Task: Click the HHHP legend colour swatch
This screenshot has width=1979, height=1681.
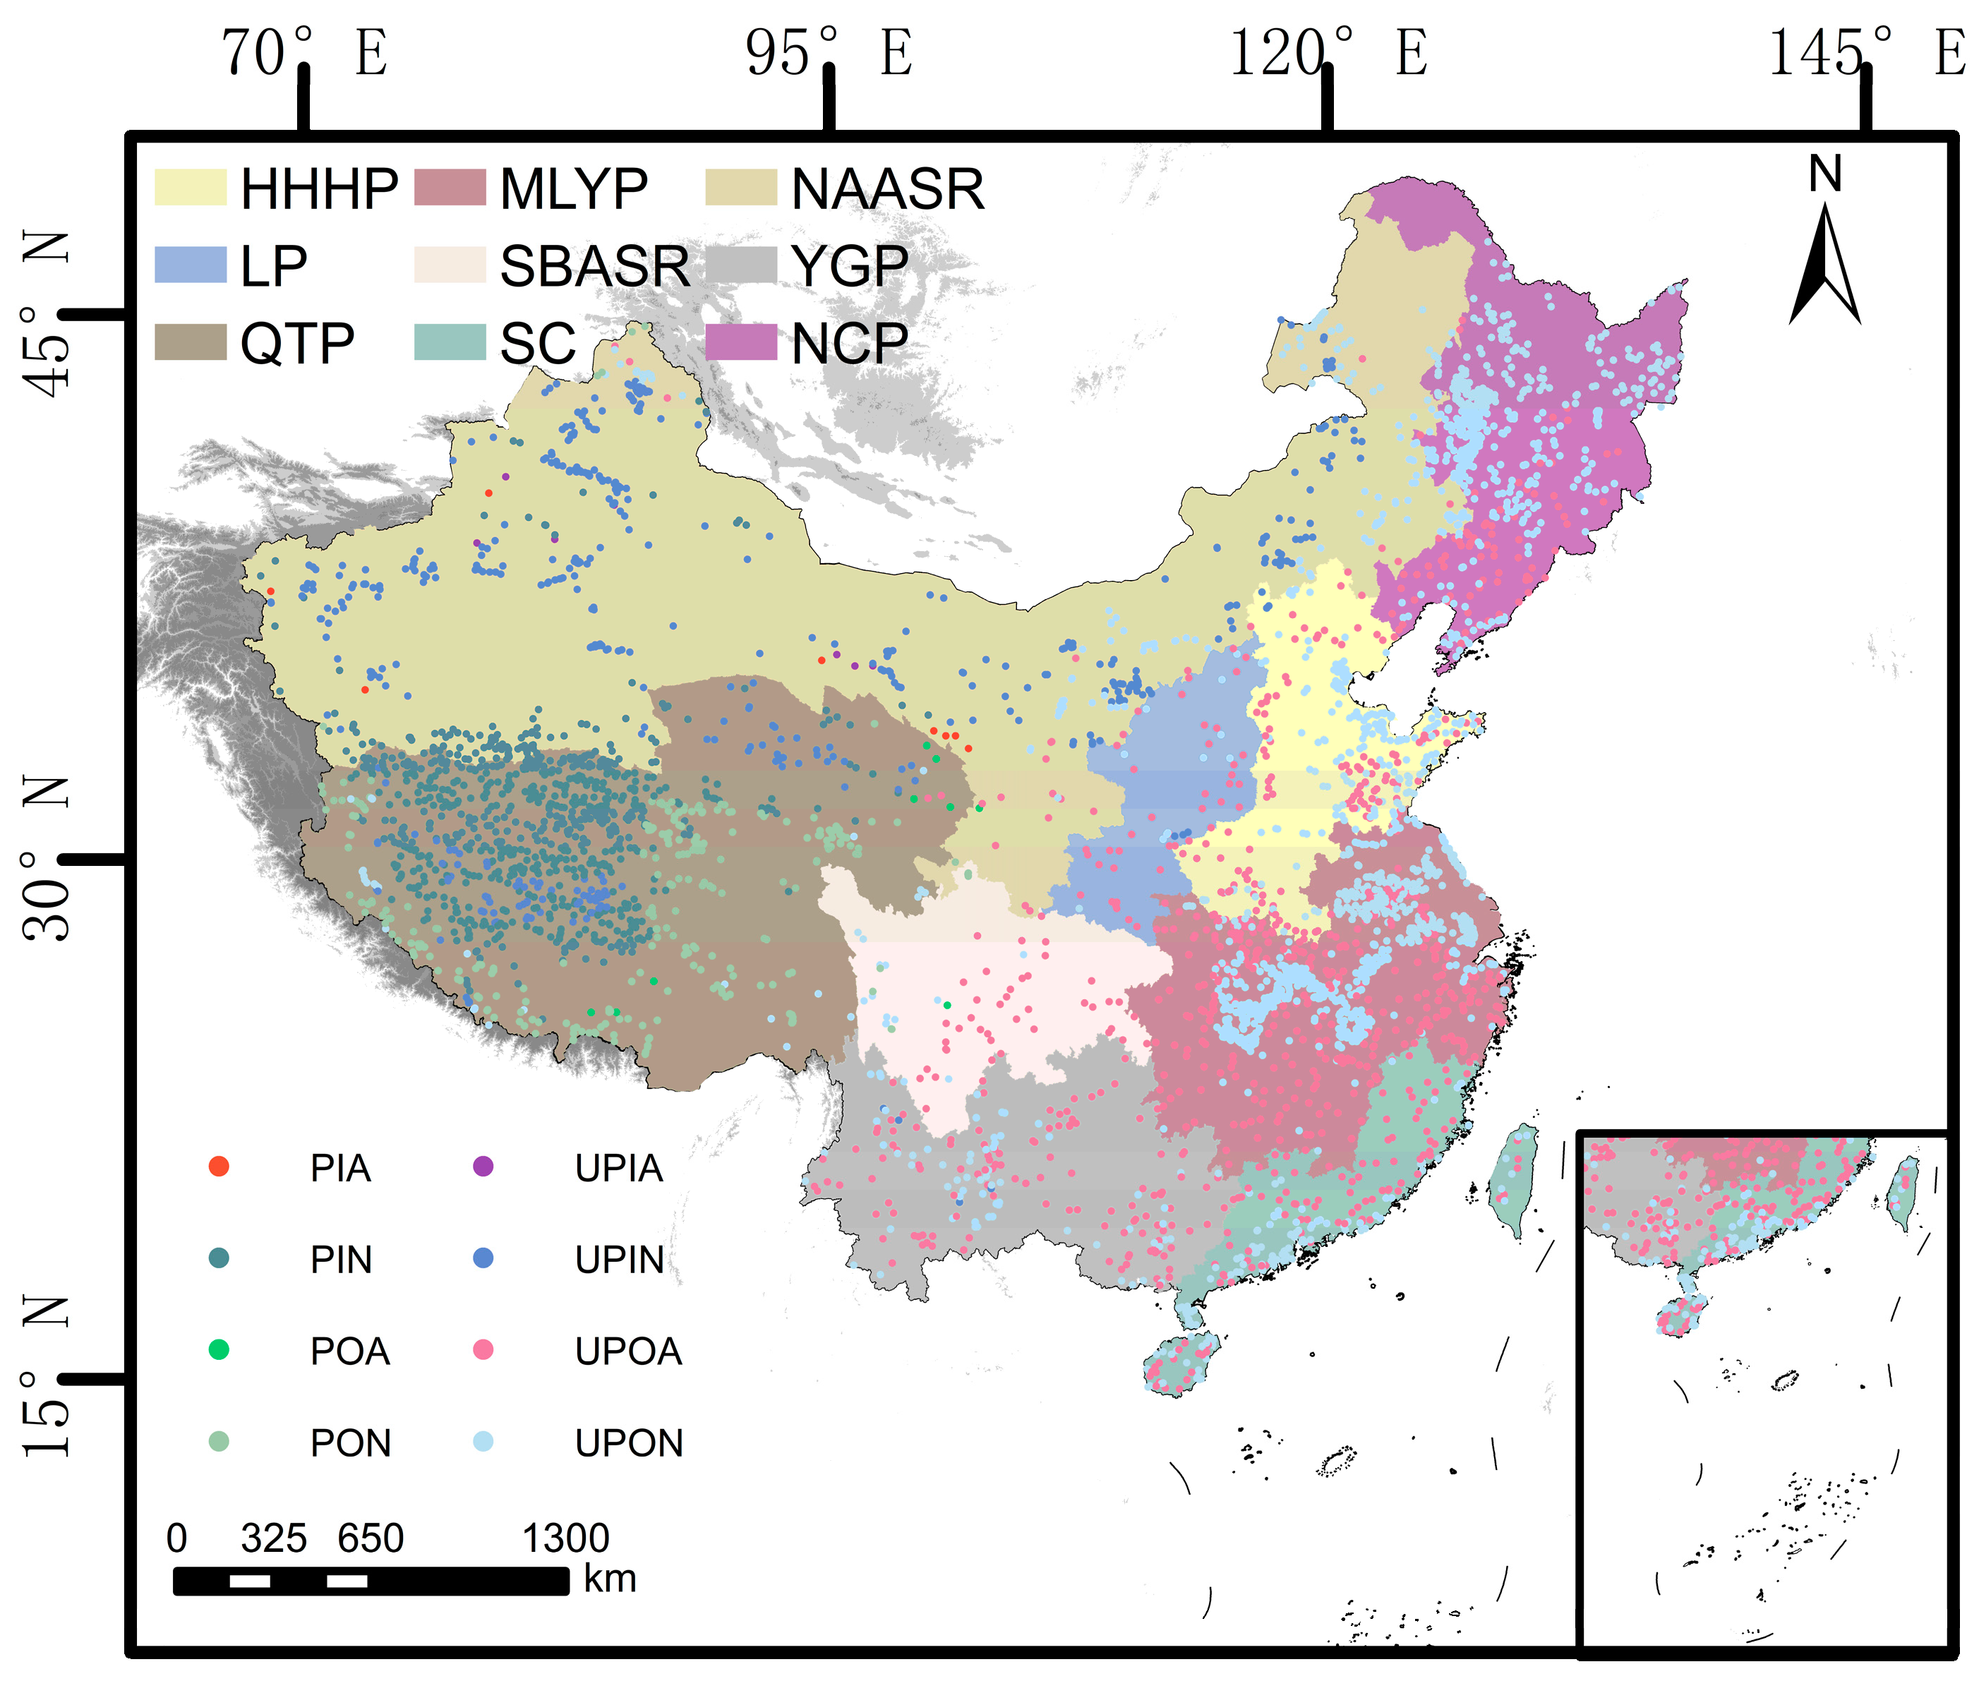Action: (x=191, y=188)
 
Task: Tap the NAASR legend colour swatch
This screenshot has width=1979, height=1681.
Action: (x=740, y=188)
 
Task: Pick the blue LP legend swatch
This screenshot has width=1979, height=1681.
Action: (x=191, y=265)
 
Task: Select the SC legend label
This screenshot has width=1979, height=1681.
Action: (x=537, y=343)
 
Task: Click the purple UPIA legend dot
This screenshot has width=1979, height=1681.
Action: (x=483, y=1167)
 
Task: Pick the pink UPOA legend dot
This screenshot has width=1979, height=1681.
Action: (x=483, y=1349)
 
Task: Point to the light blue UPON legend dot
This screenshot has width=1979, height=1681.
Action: (x=483, y=1441)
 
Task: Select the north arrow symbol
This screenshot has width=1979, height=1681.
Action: (x=1824, y=262)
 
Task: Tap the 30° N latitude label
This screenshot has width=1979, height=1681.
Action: (x=46, y=857)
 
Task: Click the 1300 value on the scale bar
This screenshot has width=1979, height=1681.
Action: (x=565, y=1538)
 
